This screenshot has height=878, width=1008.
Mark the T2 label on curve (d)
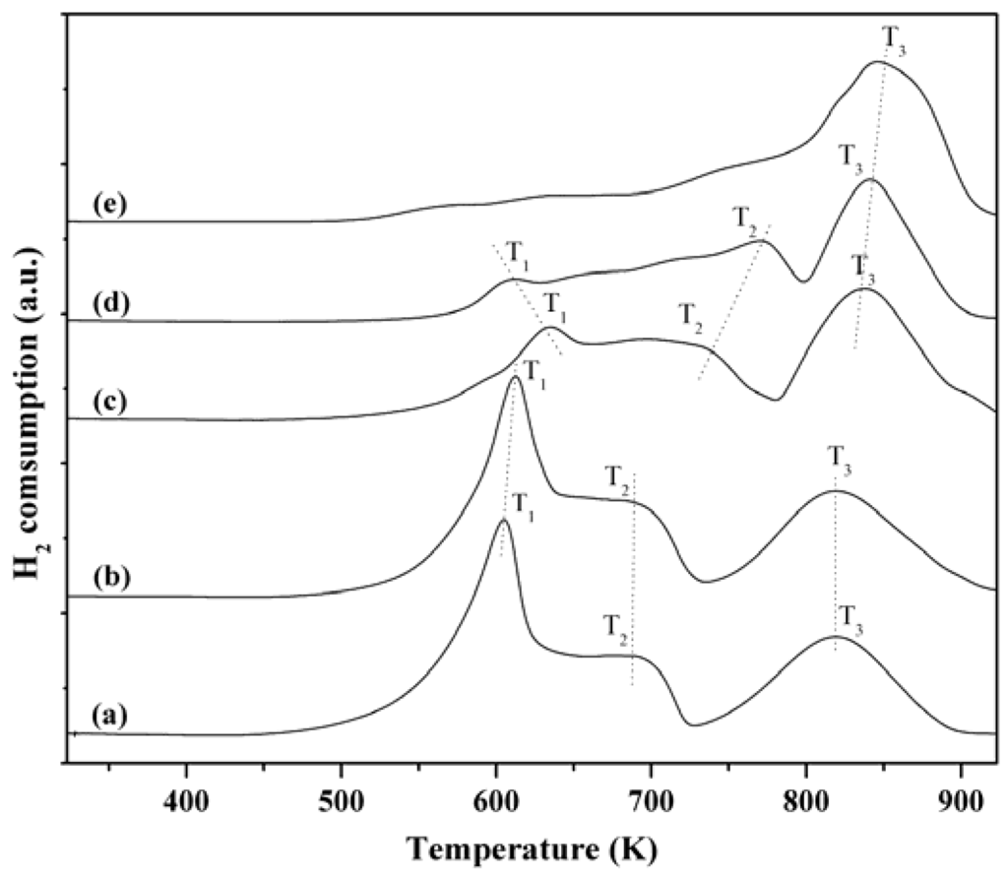pyautogui.click(x=745, y=219)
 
